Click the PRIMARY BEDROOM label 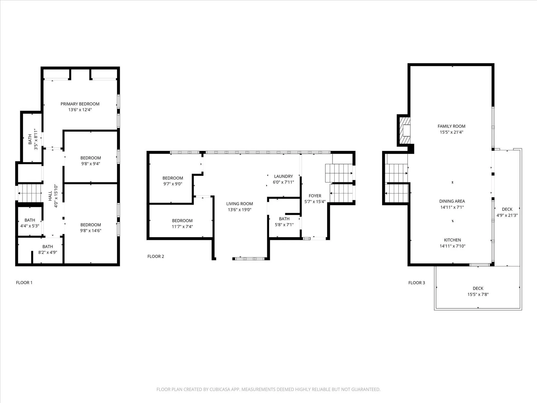(x=80, y=104)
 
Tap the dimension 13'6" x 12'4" (x=80, y=110)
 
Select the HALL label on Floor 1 (x=50, y=196)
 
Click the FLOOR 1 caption (x=24, y=283)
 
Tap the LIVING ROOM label (x=239, y=204)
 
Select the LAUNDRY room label (x=283, y=176)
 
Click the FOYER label (x=315, y=196)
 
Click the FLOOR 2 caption (x=156, y=256)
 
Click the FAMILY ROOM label (x=451, y=126)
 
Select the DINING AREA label (x=452, y=201)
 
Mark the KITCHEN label (x=452, y=240)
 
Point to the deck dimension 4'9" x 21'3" (x=507, y=215)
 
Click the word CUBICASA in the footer (x=220, y=390)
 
